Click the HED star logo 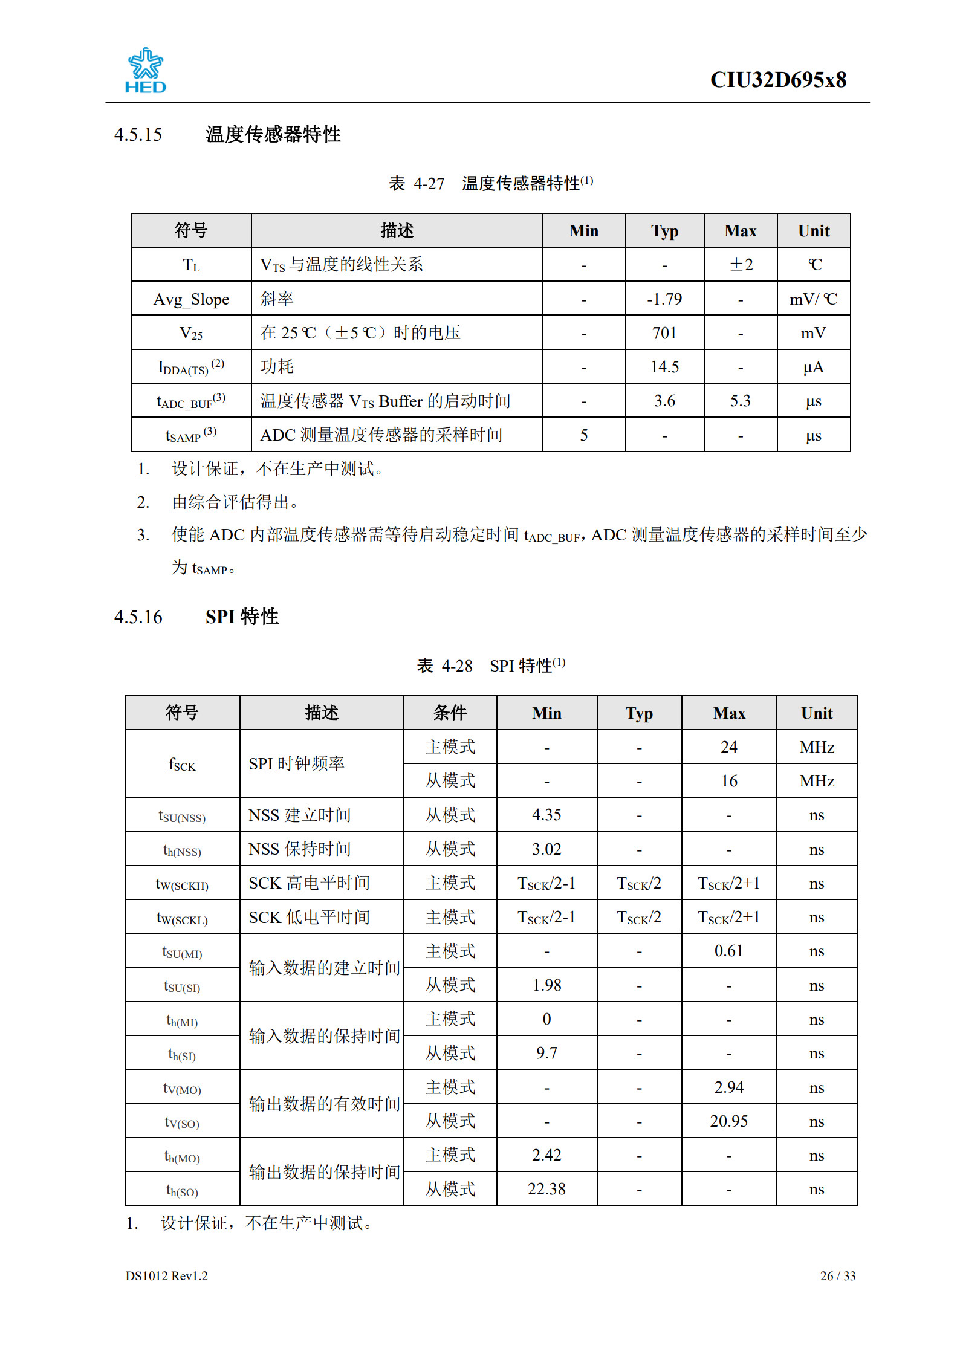145,70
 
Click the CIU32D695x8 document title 777,80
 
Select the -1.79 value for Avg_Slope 664,299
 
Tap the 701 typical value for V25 664,333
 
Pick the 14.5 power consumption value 664,367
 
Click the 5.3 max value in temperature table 740,401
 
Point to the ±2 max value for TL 741,265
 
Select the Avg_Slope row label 191,299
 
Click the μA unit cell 813,367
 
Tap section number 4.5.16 138,617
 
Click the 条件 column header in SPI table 450,713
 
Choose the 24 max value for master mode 728,747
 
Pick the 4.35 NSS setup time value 546,815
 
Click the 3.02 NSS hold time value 546,849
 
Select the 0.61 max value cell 728,951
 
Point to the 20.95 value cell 728,1121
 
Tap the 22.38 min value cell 546,1189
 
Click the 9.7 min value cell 546,1053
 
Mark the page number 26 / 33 837,1275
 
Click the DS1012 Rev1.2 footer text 166,1275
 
